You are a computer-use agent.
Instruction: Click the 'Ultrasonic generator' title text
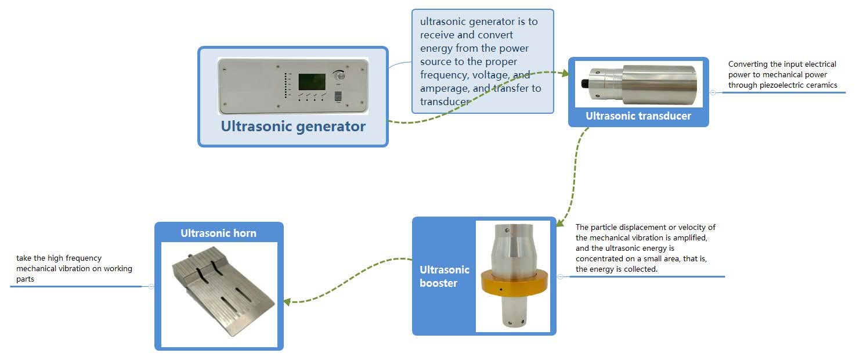click(x=293, y=126)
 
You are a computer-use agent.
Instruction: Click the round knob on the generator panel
click(x=338, y=77)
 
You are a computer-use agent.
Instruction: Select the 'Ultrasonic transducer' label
click(x=638, y=116)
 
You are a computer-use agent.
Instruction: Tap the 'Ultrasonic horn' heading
click(x=218, y=233)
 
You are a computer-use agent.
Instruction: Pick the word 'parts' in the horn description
click(x=26, y=279)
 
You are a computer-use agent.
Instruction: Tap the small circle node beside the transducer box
click(x=713, y=92)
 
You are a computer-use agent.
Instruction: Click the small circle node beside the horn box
click(x=151, y=286)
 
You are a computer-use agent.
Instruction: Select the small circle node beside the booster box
click(x=560, y=277)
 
